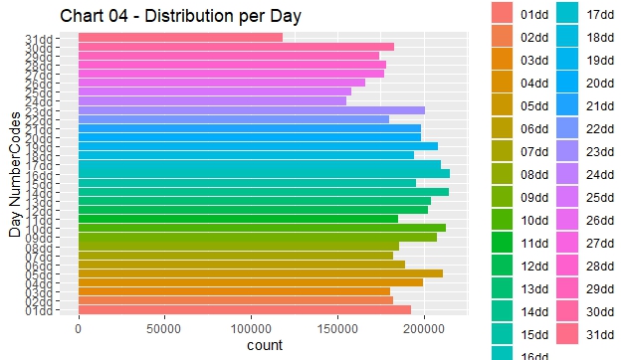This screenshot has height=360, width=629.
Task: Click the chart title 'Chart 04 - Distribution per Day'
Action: click(180, 17)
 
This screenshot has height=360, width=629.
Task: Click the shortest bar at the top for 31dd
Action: click(180, 38)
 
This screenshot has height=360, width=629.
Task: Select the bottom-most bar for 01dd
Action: click(234, 309)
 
